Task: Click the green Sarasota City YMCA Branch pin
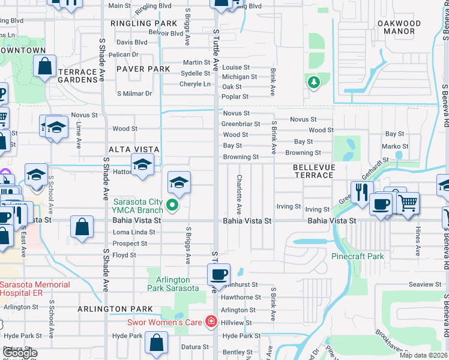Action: tap(173, 206)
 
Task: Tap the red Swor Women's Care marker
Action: tap(211, 322)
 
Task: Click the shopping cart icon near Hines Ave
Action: tap(408, 203)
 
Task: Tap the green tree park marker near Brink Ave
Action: tap(313, 82)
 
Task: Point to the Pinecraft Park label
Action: tap(358, 256)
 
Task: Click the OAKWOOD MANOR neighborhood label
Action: tap(399, 28)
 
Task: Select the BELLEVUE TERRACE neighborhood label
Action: tap(313, 171)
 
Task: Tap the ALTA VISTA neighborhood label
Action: tap(133, 149)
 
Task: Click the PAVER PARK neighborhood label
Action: tap(143, 70)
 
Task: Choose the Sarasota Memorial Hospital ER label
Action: tap(35, 289)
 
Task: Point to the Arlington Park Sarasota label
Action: tap(173, 284)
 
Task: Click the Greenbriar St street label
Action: tap(241, 124)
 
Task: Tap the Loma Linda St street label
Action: tap(134, 232)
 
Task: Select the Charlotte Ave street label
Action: tap(239, 194)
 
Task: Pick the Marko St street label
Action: tap(395, 146)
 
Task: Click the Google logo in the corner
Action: tap(20, 353)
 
